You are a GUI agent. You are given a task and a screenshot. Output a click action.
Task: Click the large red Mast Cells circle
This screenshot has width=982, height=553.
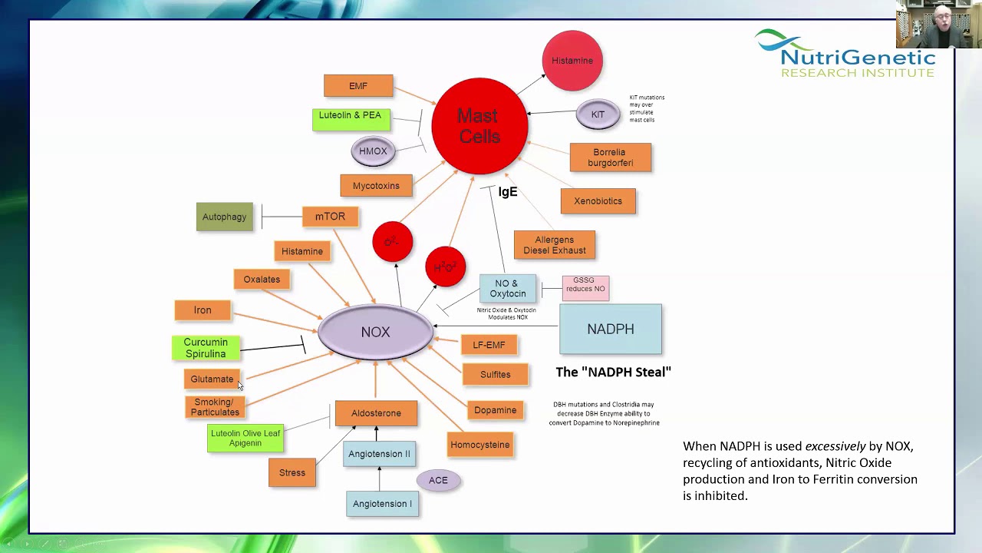coord(479,126)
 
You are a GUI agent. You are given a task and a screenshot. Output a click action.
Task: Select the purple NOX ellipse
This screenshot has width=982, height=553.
coord(375,332)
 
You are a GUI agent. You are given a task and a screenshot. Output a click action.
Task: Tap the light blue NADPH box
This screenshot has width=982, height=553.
coord(611,329)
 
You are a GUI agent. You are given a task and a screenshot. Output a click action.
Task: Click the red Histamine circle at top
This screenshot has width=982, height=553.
coord(572,61)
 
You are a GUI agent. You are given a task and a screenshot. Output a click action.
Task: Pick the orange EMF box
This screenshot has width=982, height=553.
coord(358,86)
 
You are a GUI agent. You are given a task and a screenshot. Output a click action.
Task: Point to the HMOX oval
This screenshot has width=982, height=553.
coord(373,151)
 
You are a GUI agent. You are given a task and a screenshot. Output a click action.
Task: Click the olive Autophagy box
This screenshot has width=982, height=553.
coord(224,217)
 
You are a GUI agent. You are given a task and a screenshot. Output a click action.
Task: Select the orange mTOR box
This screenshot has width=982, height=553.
coord(330,217)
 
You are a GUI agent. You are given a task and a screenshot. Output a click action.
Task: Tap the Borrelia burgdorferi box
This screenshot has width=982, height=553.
coord(610,157)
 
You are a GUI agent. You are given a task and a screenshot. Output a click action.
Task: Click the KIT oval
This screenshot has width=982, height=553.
coord(598,114)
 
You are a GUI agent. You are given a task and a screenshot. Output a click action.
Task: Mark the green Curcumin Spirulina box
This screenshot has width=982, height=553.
coord(206,348)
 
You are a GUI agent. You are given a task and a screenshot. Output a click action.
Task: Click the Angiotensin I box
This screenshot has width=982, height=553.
coord(382,504)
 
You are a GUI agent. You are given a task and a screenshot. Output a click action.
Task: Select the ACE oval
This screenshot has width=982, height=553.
coord(438,480)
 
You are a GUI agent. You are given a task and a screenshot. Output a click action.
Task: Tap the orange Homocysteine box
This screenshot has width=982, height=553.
coord(480,445)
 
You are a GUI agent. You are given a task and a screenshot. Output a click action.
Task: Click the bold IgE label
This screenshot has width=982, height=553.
coord(508,192)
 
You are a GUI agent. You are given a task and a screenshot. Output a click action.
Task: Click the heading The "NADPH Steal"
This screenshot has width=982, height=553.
coord(613,372)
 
